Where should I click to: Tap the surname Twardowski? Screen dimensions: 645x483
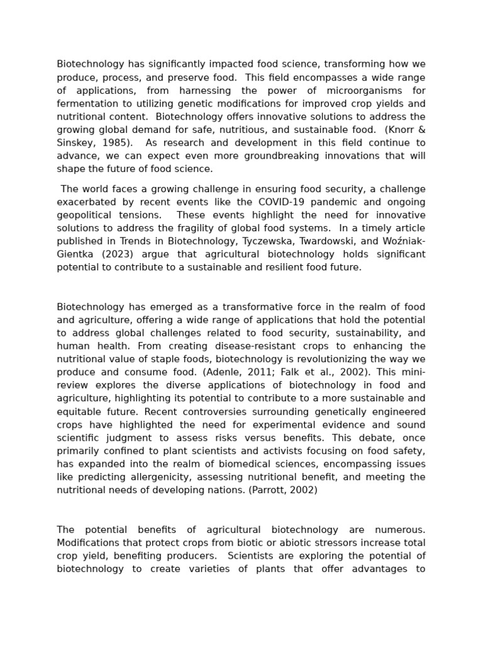(x=317, y=241)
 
